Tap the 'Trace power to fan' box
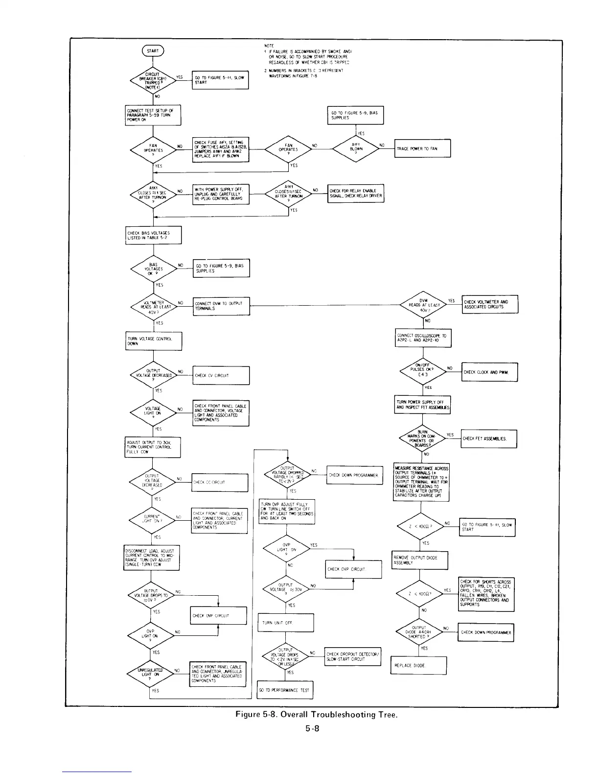click(x=422, y=148)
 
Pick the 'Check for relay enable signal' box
click(x=355, y=194)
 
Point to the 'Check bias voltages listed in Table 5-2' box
click(x=153, y=235)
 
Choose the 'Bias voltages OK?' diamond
click(x=153, y=268)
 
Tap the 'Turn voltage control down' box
click(x=153, y=341)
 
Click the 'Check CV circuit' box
click(x=222, y=376)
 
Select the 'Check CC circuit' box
click(x=220, y=482)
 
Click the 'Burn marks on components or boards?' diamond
click(x=422, y=439)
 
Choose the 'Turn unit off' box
click(x=285, y=623)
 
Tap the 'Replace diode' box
click(x=418, y=665)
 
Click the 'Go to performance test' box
click(x=285, y=690)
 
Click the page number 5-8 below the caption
click(x=312, y=728)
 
